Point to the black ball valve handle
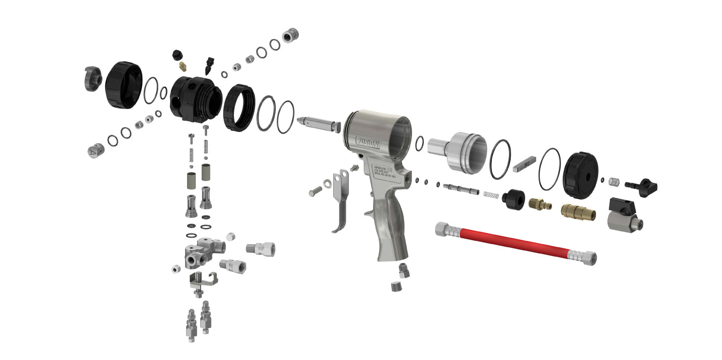[622, 207]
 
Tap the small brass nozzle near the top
[183, 66]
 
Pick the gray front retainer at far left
[92, 79]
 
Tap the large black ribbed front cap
[123, 85]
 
